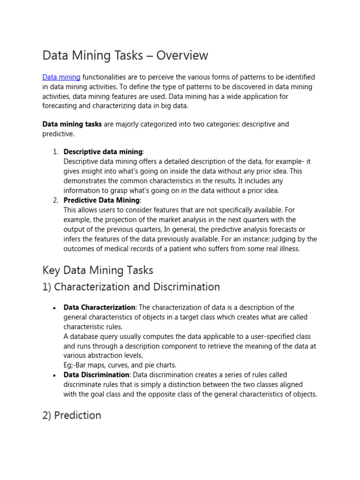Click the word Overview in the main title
pos(182,55)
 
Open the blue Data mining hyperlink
pos(61,77)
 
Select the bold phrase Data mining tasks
pos(72,124)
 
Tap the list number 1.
pos(55,152)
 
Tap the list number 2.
pos(55,200)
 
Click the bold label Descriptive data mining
pos(103,152)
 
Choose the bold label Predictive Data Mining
pos(101,200)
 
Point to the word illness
pos(287,249)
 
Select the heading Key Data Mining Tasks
pos(97,270)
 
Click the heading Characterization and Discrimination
pos(137,287)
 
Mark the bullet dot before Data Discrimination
pos(54,375)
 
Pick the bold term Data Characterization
pos(99,307)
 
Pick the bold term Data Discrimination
pos(96,375)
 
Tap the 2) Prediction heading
pos(72,415)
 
